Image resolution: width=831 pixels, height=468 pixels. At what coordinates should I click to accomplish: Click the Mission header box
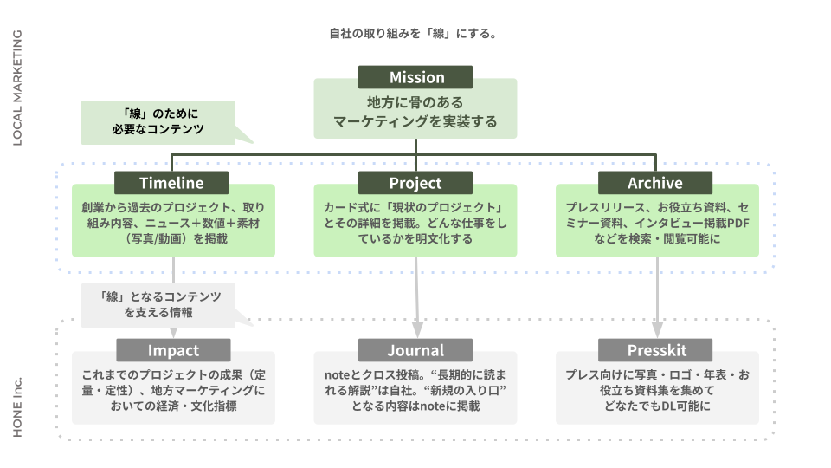(415, 77)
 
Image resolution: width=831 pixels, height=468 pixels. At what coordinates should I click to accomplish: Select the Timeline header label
(171, 183)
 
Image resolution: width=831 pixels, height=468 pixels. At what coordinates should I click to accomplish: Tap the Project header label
(415, 183)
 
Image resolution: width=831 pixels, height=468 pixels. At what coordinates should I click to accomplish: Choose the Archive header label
(655, 183)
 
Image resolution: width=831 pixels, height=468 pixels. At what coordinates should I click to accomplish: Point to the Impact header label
(173, 350)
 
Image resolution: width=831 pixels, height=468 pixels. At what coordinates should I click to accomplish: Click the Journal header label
(415, 350)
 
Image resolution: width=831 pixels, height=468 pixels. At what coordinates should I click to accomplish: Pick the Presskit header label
(655, 350)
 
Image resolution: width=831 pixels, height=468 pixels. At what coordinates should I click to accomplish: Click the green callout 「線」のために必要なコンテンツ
(157, 121)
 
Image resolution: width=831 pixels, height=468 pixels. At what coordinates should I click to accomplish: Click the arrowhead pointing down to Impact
(173, 332)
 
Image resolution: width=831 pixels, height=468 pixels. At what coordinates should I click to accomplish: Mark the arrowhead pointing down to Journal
(416, 330)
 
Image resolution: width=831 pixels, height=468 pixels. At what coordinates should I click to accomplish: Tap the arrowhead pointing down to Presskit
(656, 330)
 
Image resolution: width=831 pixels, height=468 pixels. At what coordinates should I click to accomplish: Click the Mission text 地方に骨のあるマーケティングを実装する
(415, 113)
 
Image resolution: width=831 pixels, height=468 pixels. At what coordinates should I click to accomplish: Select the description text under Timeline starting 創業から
(173, 224)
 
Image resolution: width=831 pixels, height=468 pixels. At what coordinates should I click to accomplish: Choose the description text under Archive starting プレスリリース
(656, 224)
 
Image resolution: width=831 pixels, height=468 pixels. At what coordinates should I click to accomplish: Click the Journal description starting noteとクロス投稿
(415, 390)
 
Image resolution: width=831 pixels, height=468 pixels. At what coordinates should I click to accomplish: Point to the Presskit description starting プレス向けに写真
(656, 390)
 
